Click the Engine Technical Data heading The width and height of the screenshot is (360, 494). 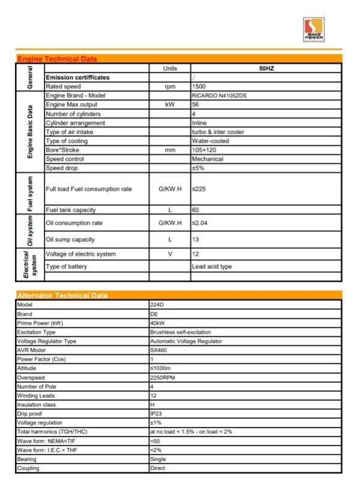(x=57, y=59)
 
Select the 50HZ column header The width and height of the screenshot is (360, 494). (x=266, y=69)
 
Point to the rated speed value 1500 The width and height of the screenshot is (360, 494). (x=199, y=86)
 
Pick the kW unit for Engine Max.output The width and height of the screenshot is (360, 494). (x=170, y=104)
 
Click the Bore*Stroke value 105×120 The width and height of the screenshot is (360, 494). (x=204, y=150)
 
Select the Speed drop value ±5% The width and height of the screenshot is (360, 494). (x=197, y=168)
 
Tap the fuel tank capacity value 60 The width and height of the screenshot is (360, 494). (x=196, y=210)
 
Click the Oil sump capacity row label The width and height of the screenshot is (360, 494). (x=70, y=239)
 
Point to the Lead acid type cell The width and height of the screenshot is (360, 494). (x=212, y=266)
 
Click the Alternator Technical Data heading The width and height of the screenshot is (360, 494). (x=62, y=295)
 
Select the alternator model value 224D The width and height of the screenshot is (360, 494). (x=157, y=305)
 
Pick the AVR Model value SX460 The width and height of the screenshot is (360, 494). (x=159, y=350)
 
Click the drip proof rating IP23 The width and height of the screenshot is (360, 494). (x=156, y=414)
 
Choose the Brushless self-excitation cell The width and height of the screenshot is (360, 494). (x=180, y=332)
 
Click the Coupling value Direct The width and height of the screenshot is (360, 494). (x=158, y=468)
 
